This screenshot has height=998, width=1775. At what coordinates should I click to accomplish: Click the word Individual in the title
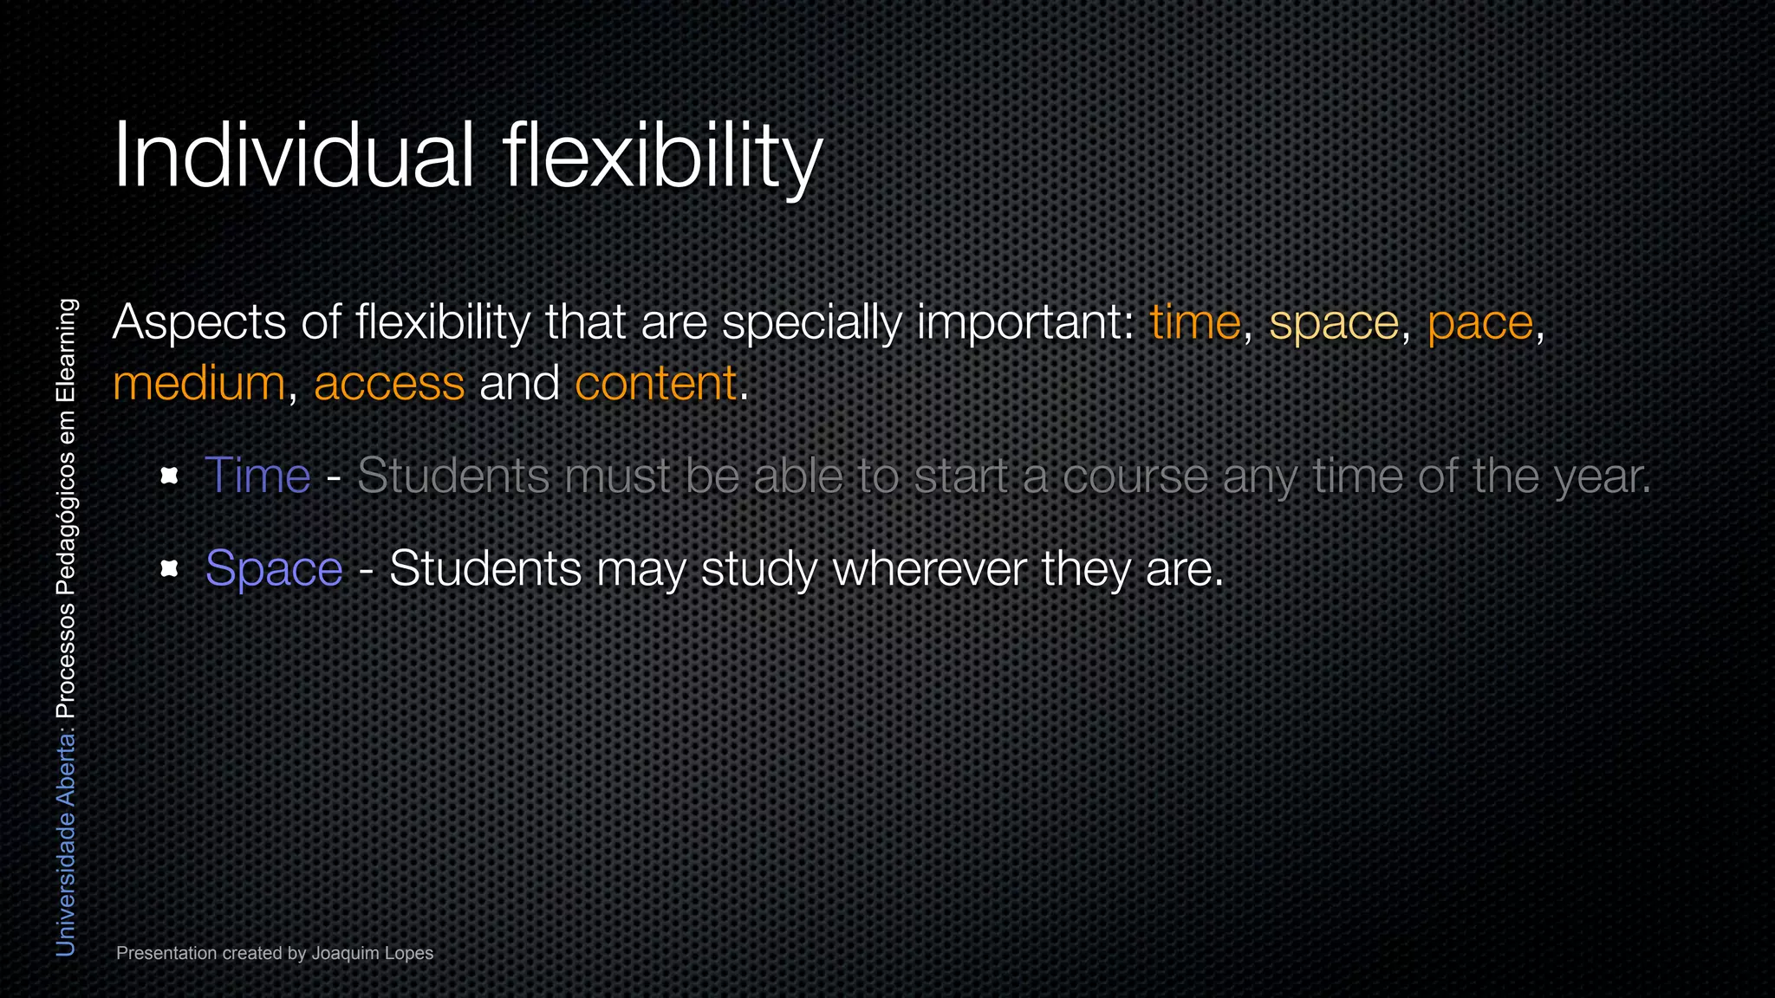(x=293, y=156)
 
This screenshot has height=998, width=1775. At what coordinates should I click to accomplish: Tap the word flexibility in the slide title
(x=662, y=156)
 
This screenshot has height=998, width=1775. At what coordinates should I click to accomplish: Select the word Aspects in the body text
(x=199, y=323)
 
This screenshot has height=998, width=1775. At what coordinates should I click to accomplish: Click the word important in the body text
(x=1025, y=323)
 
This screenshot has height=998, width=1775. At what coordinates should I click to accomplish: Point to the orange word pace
(x=1479, y=323)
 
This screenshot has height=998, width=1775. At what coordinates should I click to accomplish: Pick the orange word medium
(x=198, y=384)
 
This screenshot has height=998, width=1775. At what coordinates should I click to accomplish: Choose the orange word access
(x=389, y=384)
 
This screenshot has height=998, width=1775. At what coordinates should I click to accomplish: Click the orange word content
(x=655, y=384)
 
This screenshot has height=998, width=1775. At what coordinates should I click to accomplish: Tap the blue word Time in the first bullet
(x=257, y=476)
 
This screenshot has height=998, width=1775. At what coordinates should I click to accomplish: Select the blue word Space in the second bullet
(x=274, y=569)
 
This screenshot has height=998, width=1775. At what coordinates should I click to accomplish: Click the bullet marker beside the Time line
(x=170, y=476)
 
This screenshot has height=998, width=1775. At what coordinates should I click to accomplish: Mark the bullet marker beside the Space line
(x=170, y=569)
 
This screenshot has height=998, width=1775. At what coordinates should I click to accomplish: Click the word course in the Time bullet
(x=1135, y=476)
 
